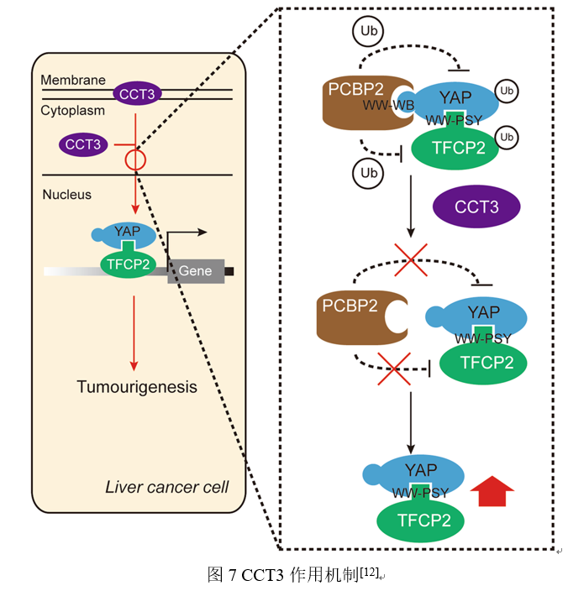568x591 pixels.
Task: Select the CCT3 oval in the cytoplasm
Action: [x=83, y=144]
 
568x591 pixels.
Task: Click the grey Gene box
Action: [x=196, y=271]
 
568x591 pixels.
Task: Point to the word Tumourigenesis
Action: [x=137, y=387]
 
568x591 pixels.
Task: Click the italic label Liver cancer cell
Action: [x=166, y=487]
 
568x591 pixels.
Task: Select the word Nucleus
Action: [x=66, y=195]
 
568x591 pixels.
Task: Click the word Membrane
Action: [x=75, y=80]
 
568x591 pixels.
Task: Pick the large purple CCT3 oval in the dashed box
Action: [x=476, y=207]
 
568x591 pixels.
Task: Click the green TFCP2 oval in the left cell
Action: [x=128, y=263]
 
